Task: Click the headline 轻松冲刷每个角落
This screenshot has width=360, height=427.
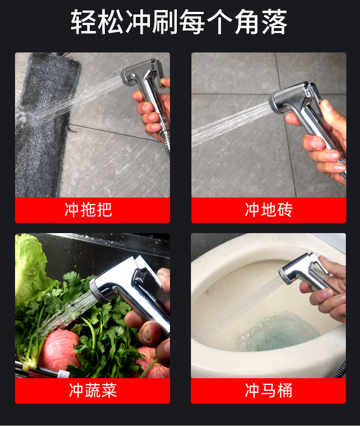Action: (179, 22)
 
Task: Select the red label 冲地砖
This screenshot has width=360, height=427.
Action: (268, 210)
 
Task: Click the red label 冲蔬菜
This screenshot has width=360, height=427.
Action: (93, 391)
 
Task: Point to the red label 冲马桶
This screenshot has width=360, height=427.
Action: (268, 391)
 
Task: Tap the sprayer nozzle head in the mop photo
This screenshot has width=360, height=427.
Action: (128, 76)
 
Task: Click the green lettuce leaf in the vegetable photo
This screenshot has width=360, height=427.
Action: (30, 265)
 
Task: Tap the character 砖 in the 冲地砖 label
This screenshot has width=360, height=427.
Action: (285, 210)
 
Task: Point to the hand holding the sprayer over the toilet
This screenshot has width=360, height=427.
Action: (328, 287)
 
